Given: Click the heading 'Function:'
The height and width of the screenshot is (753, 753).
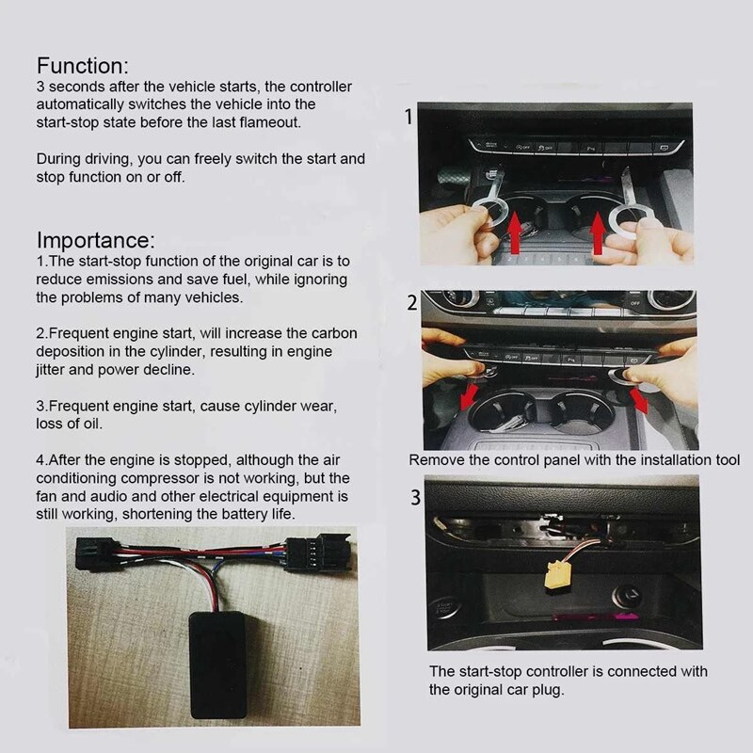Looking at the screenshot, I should click(x=81, y=66).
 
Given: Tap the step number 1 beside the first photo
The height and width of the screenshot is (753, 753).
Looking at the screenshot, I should click(x=408, y=119).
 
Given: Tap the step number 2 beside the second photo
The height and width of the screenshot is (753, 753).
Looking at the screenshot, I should click(x=411, y=304).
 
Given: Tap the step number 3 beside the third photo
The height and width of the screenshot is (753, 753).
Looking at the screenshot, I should click(x=415, y=497).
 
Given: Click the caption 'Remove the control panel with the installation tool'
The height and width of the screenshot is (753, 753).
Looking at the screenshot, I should click(x=574, y=461).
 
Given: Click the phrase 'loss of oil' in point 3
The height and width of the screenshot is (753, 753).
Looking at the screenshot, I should click(x=75, y=424).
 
